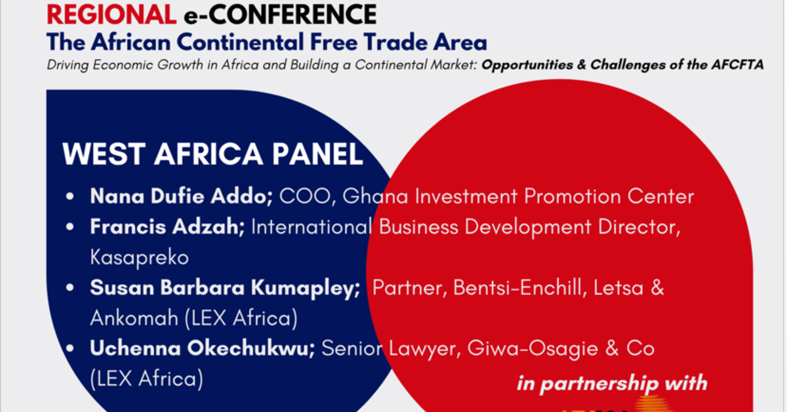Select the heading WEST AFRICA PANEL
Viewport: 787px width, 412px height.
point(212,154)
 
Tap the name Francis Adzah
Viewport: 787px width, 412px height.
point(167,227)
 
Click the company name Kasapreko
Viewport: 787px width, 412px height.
point(139,258)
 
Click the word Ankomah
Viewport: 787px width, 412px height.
point(134,319)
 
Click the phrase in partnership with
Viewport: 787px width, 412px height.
point(612,383)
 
